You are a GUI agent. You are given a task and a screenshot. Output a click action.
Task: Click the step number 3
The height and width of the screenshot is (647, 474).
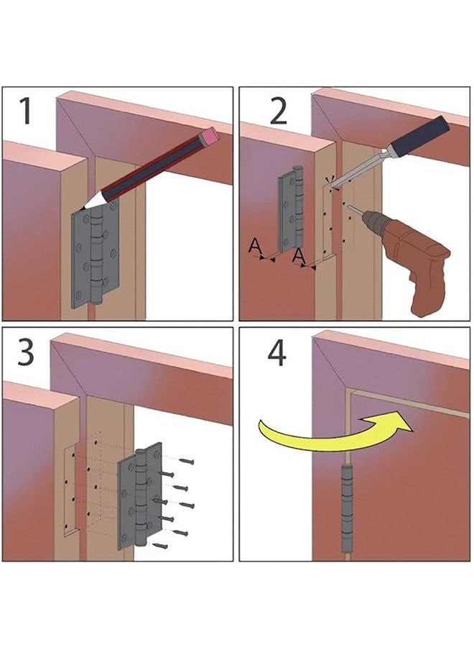click(x=25, y=353)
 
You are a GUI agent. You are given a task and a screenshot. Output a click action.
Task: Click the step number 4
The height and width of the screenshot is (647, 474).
click(x=278, y=353)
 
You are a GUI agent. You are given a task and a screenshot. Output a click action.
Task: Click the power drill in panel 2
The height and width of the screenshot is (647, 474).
click(x=413, y=259)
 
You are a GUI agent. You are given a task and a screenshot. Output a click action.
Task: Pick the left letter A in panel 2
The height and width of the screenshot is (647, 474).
click(x=254, y=247)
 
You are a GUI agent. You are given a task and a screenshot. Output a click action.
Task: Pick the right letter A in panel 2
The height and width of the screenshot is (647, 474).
click(x=299, y=256)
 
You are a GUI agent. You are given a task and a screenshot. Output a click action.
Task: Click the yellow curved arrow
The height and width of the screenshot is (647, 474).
click(x=330, y=431)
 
